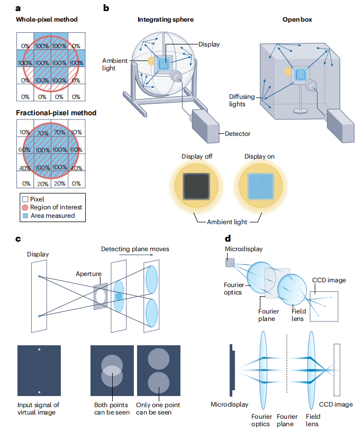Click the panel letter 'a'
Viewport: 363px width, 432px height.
19,7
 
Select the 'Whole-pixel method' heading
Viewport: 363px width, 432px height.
47,20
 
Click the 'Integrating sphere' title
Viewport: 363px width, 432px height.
165,20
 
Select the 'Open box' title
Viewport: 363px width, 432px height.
297,20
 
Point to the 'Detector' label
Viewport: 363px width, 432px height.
238,134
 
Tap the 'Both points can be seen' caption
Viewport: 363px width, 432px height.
110,408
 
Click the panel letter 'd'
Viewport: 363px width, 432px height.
227,239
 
